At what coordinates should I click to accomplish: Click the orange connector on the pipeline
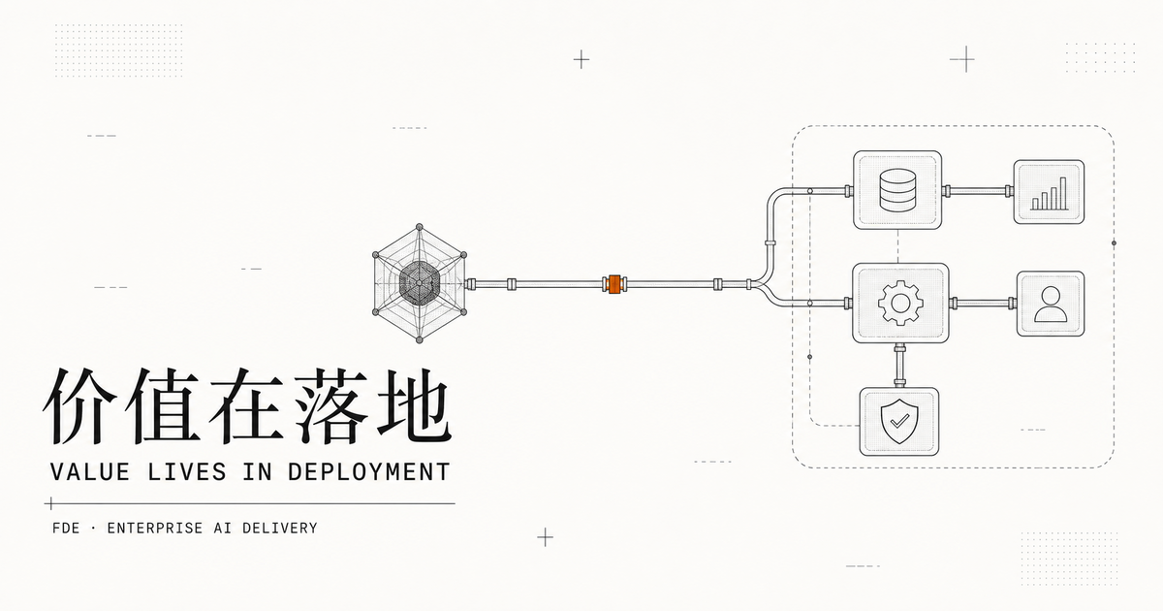click(x=614, y=284)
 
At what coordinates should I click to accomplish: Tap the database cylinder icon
click(x=897, y=190)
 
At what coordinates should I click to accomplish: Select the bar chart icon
click(x=1050, y=193)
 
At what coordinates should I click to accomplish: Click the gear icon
click(x=900, y=303)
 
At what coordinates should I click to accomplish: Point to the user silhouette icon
click(x=1051, y=305)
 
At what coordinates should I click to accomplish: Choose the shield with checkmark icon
click(x=899, y=421)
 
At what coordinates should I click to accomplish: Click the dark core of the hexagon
click(x=420, y=283)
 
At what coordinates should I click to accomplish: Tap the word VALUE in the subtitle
click(x=90, y=471)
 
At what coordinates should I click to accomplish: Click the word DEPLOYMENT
click(x=368, y=471)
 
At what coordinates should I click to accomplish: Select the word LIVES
click(x=187, y=471)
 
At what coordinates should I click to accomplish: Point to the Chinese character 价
click(x=79, y=406)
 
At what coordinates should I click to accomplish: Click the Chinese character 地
click(x=414, y=406)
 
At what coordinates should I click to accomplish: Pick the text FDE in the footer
click(x=66, y=529)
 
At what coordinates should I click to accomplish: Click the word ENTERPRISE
click(x=155, y=529)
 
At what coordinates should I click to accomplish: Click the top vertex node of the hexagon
click(x=420, y=227)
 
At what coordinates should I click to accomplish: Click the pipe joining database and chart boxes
click(x=978, y=191)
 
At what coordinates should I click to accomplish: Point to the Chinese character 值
click(x=163, y=406)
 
